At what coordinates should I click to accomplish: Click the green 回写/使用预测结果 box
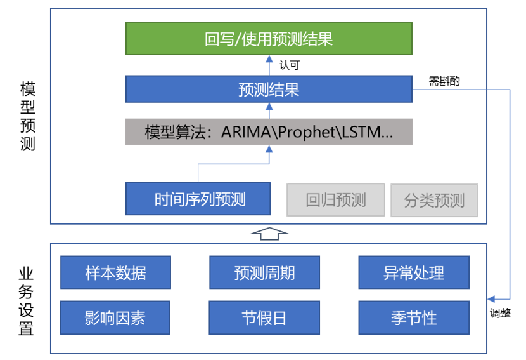coord(269,39)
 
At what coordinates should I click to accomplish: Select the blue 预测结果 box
coord(269,89)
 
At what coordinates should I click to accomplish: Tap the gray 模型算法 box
coord(269,132)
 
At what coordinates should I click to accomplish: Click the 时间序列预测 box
coord(198,199)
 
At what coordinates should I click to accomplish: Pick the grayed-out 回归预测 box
coord(336,200)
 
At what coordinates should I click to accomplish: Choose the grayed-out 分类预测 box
coord(434,200)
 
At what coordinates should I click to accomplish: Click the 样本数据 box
coord(116,272)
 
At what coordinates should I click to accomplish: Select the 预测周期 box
coord(264,272)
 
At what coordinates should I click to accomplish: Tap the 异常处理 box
coord(414,272)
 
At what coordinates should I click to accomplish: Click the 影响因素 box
coord(116,317)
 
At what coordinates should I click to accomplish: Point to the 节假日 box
coord(264,317)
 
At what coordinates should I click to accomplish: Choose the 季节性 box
coord(414,317)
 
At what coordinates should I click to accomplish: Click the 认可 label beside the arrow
coord(290,65)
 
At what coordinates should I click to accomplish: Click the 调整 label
coord(500,312)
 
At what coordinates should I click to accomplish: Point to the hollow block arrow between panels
coord(269,233)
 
